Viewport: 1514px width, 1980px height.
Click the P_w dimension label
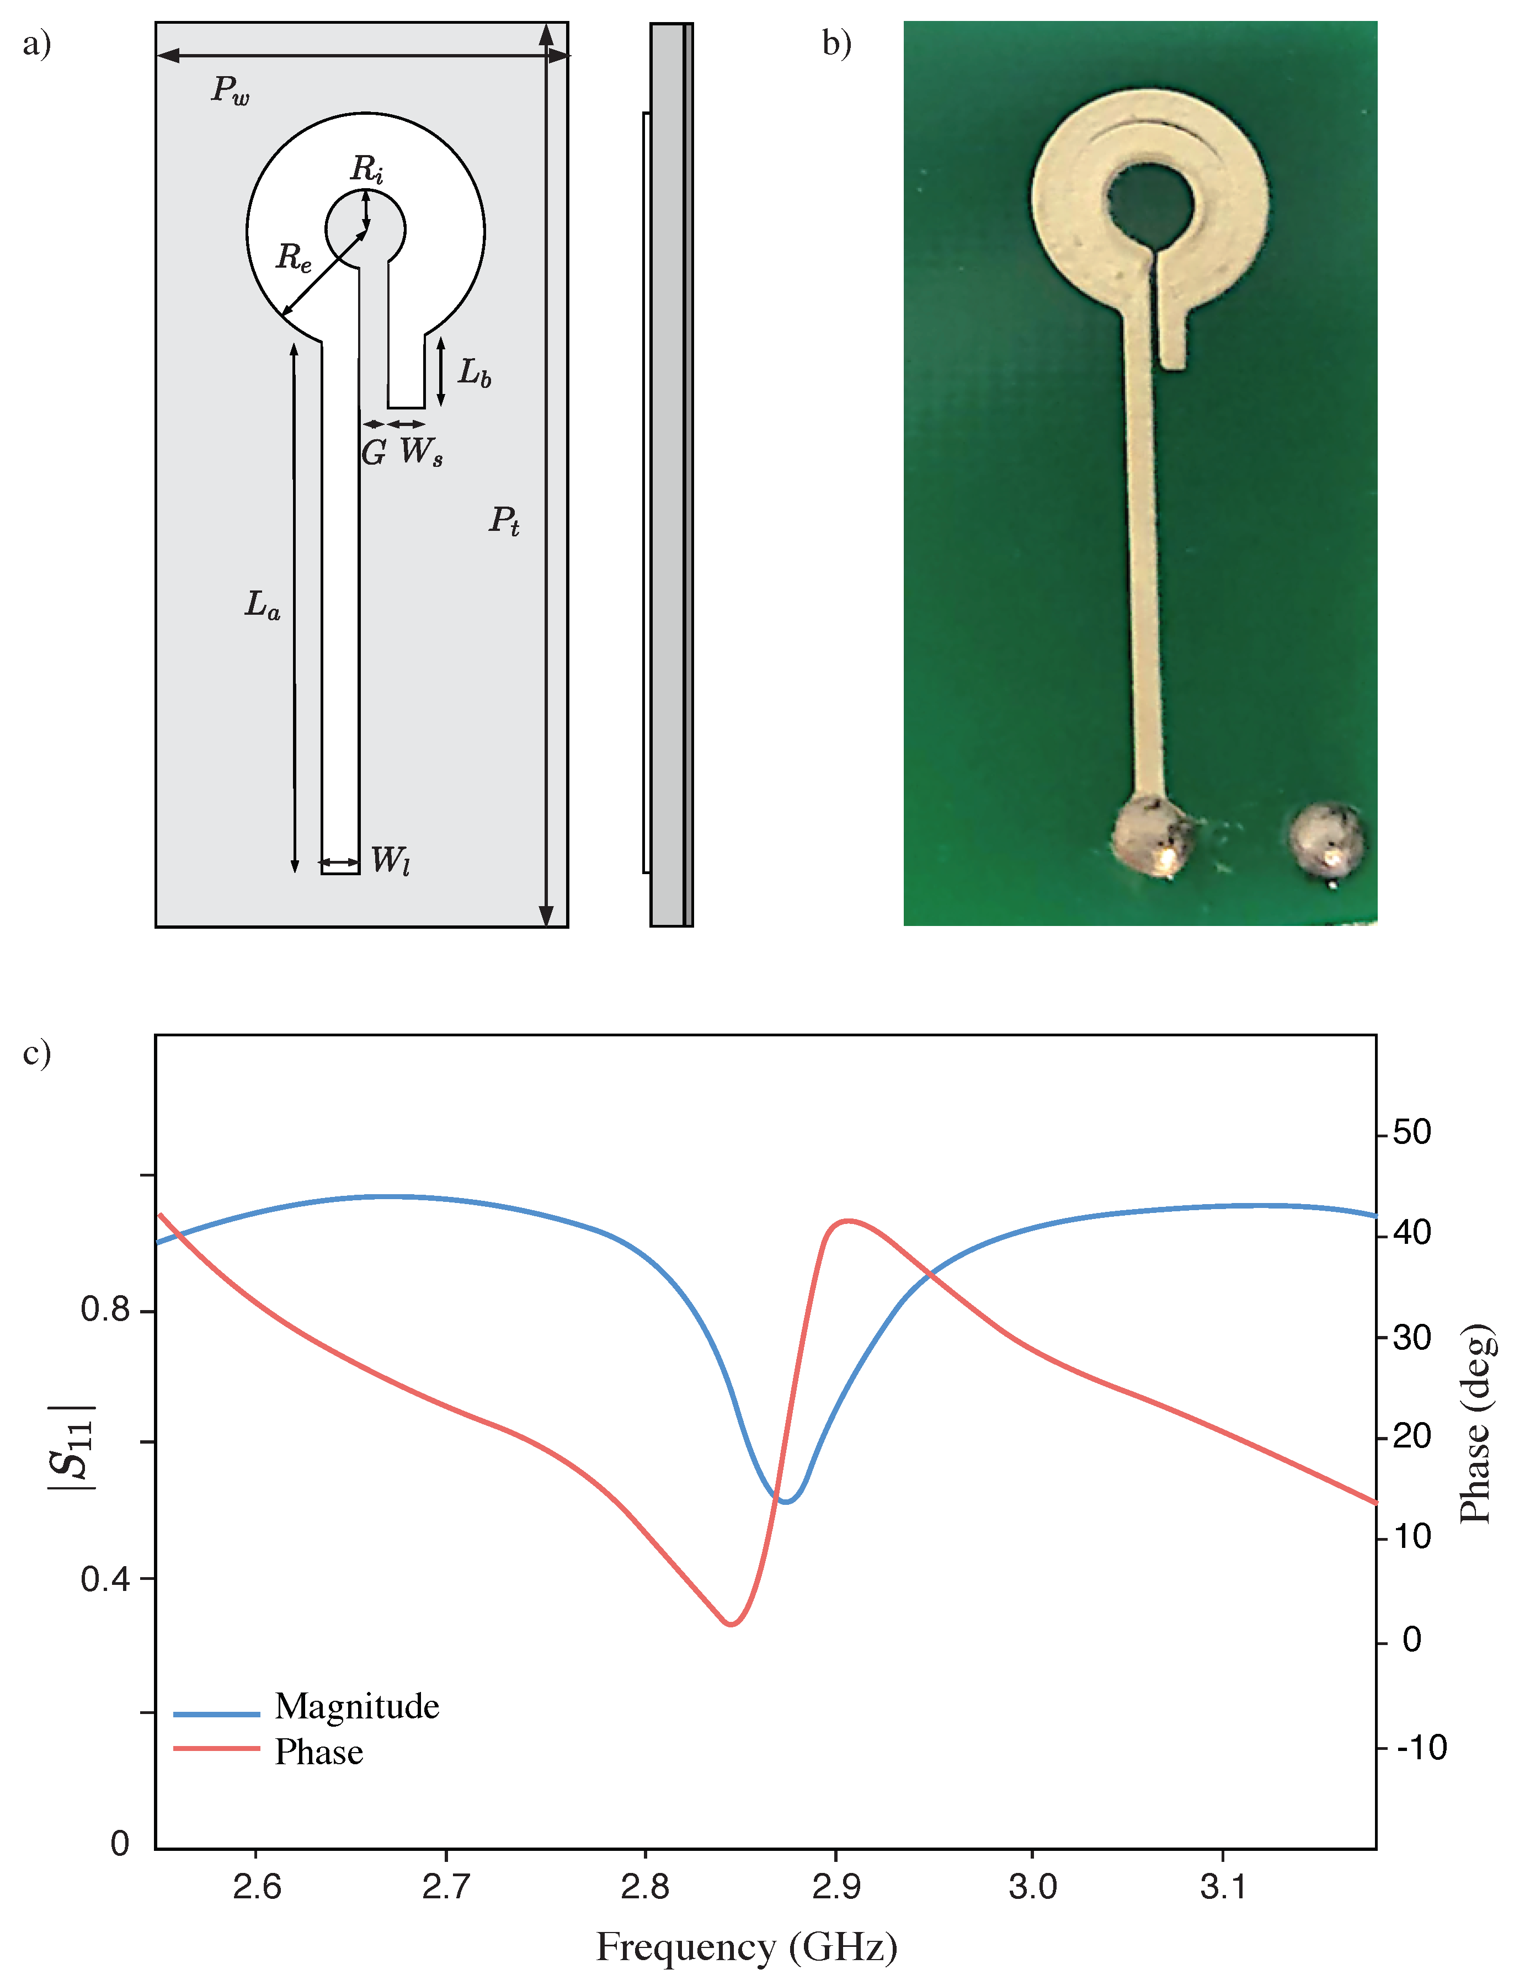tap(230, 89)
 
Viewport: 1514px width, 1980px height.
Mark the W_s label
tap(421, 451)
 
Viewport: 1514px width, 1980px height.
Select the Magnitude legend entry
tap(357, 1707)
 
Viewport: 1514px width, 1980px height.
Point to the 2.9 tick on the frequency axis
tap(835, 1886)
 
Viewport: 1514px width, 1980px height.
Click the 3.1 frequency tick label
tap(1223, 1886)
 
